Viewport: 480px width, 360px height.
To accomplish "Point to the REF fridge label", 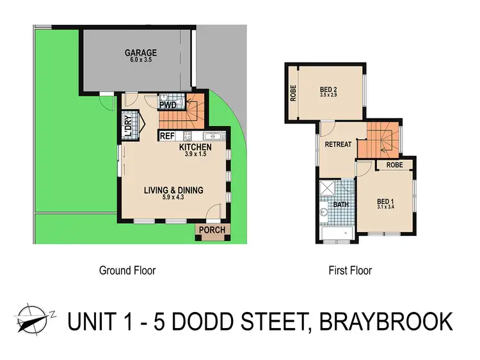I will coord(168,136).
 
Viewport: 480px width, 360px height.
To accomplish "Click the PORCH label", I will coord(211,230).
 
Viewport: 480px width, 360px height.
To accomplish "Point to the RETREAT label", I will coord(338,145).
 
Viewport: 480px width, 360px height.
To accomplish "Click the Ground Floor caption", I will coord(127,270).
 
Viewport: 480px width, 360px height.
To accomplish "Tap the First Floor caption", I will coord(350,270).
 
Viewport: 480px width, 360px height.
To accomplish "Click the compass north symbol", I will coord(31,318).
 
